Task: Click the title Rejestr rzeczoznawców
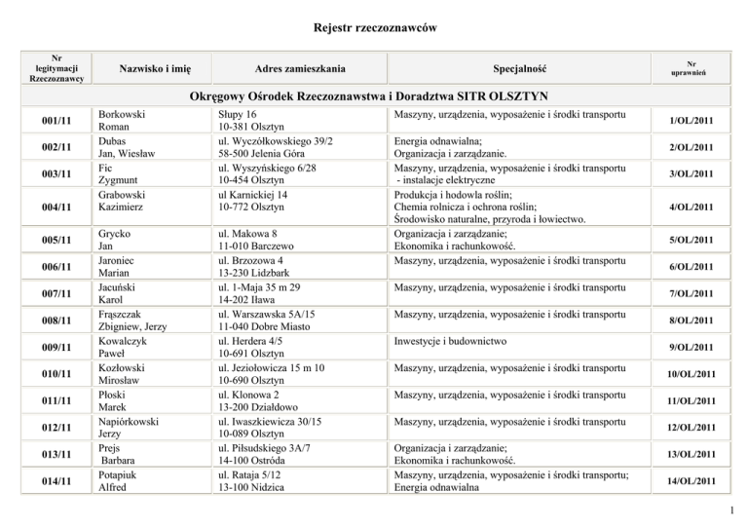click(374, 29)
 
